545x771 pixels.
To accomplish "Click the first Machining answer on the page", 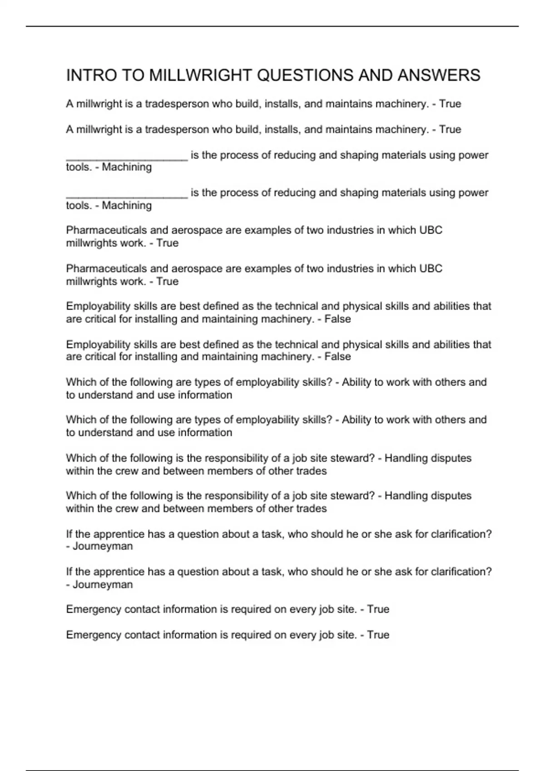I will tap(127, 167).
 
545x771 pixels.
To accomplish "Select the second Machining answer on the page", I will tap(127, 205).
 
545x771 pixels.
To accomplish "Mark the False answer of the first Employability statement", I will tap(337, 319).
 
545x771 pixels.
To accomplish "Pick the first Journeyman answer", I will tap(103, 547).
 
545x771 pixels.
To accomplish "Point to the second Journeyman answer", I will tap(103, 585).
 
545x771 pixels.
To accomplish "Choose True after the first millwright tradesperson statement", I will tap(450, 104).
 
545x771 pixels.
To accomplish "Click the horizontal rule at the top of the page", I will tap(272, 26).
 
